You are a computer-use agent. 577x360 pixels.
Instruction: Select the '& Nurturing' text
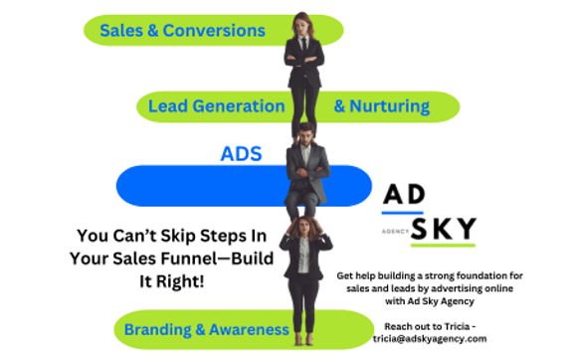[x=381, y=106]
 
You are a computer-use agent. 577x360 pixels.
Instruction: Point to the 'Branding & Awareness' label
[x=214, y=329]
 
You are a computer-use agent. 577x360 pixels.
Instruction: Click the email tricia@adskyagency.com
[x=431, y=339]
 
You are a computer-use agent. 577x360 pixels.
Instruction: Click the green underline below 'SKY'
[x=439, y=245]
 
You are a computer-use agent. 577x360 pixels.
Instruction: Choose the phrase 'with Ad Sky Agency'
[x=431, y=300]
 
